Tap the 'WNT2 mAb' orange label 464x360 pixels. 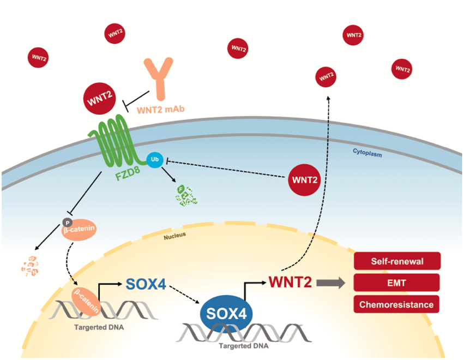tap(160, 110)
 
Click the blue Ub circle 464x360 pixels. tap(154, 160)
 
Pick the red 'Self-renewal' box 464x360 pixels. tap(396, 261)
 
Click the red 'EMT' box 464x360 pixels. tap(396, 283)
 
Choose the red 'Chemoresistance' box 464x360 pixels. tap(396, 304)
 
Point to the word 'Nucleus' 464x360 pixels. tap(175, 236)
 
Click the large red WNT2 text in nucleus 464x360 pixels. tap(290, 283)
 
